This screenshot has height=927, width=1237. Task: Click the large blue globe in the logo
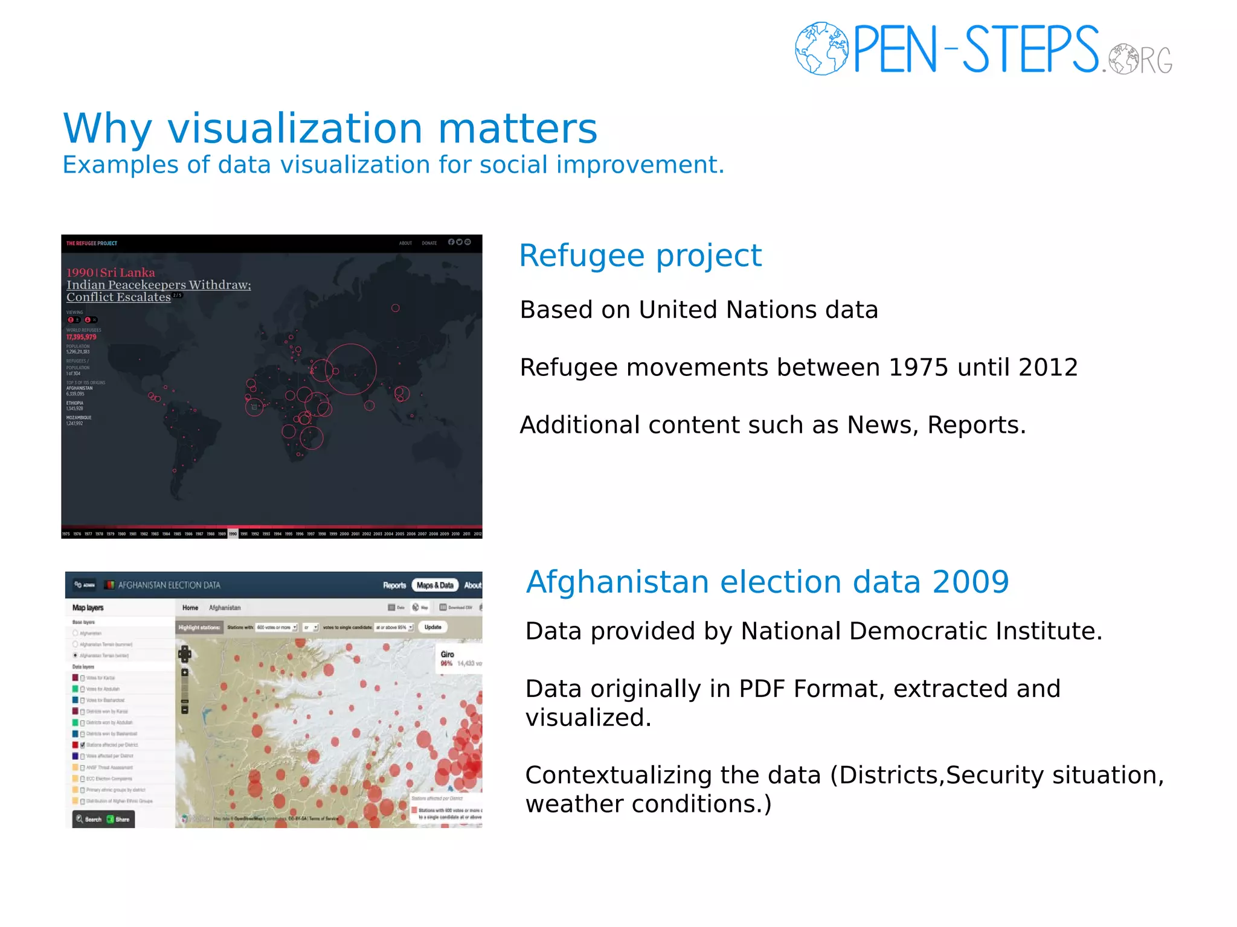tap(821, 48)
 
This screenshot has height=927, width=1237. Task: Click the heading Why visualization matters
tap(330, 129)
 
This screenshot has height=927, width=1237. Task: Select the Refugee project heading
tap(640, 255)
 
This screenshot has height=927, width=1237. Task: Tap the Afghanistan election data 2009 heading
tap(767, 582)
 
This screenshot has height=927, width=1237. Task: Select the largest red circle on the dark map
tap(351, 369)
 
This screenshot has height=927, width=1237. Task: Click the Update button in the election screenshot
tap(433, 627)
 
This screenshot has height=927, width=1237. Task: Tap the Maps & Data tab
tap(435, 585)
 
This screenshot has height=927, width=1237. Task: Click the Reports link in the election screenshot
tap(394, 585)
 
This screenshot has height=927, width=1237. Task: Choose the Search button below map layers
tap(89, 819)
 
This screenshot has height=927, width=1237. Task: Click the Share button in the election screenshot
tap(119, 819)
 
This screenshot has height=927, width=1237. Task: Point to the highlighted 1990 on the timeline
tap(233, 534)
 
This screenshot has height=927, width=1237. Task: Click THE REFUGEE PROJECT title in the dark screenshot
tap(92, 243)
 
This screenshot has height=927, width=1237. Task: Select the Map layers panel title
tap(88, 608)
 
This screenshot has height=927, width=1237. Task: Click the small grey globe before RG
tap(1123, 59)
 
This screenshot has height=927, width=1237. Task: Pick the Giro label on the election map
tap(447, 654)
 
